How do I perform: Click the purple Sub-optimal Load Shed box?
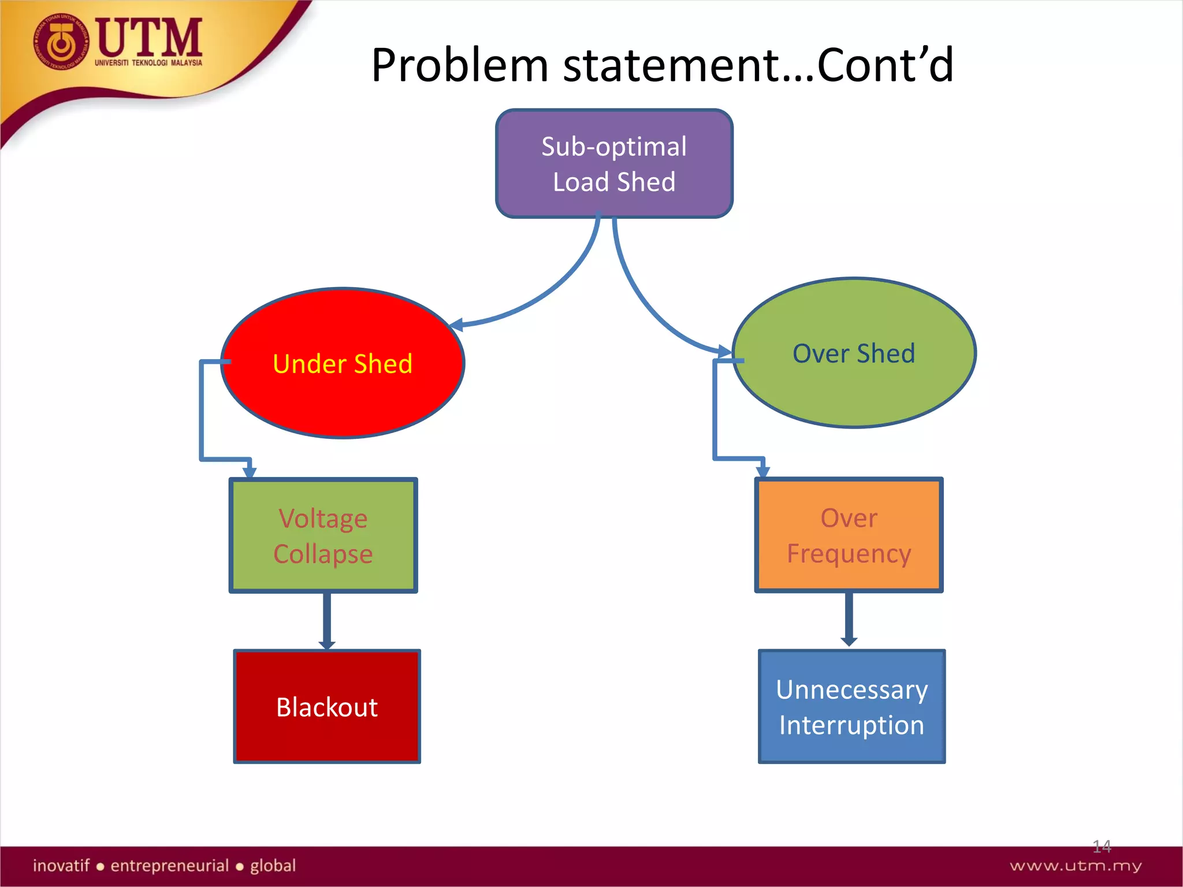[614, 164]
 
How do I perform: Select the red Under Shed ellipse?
[343, 363]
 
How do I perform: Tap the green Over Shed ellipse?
[854, 353]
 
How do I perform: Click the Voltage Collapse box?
[323, 535]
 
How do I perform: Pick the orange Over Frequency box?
[849, 535]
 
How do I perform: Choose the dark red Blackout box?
[327, 707]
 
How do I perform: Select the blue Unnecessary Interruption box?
[851, 707]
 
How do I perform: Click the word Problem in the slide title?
[459, 65]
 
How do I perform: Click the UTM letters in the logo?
[149, 37]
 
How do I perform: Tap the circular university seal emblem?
[61, 42]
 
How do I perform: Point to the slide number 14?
[1101, 847]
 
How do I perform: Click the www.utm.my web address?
[1076, 866]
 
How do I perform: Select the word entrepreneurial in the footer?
[169, 866]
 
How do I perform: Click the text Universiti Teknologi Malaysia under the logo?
[148, 62]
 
